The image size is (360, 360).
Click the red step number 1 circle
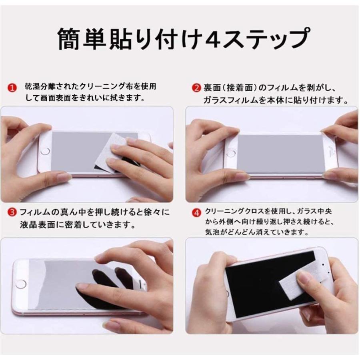click(13, 87)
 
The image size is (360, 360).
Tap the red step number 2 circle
click(196, 87)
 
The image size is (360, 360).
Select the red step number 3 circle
click(13, 212)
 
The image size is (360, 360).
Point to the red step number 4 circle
click(196, 212)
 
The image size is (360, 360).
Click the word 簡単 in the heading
click(84, 38)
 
